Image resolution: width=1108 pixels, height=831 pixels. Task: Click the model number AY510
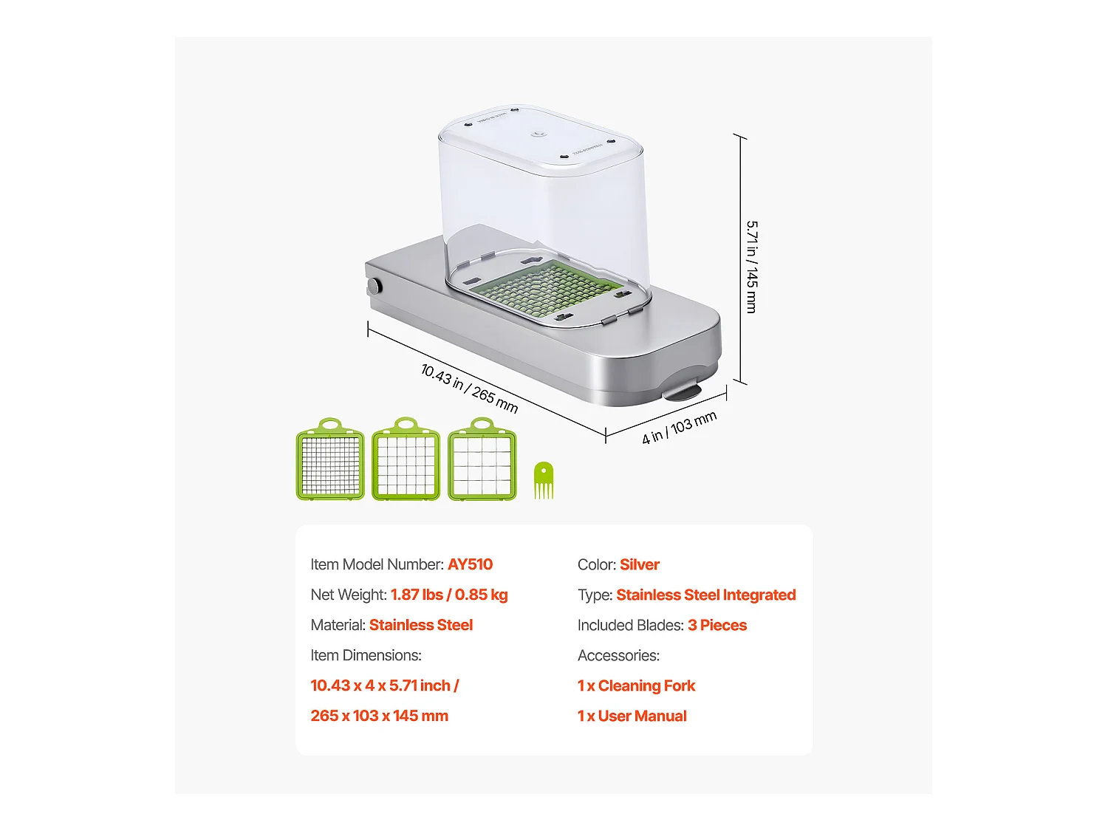pos(470,564)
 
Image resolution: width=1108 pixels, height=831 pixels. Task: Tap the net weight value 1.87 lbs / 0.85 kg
pos(448,595)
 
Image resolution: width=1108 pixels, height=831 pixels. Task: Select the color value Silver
pos(639,565)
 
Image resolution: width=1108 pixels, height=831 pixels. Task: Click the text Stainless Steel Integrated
pos(705,595)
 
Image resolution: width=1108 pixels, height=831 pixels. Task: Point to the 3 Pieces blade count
pos(717,625)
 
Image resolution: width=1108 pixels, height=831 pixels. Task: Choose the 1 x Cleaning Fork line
pos(636,685)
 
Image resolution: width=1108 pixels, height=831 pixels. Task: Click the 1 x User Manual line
pos(632,716)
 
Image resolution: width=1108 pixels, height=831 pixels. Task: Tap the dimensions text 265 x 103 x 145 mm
pos(379,716)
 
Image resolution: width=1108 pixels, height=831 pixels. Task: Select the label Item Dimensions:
pos(366,655)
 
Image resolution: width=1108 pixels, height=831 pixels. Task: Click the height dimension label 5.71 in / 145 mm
pos(751,266)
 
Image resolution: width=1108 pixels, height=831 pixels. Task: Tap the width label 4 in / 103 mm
pos(679,428)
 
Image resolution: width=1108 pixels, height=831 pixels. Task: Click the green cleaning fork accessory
pos(544,481)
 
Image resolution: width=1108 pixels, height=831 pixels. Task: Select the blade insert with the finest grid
pos(330,461)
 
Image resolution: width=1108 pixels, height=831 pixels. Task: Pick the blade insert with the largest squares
pos(482,461)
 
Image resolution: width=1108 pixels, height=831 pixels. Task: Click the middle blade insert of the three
pos(406,461)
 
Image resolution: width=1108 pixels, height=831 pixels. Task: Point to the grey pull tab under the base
pos(682,390)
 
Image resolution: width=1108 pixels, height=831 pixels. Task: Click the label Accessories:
pos(618,655)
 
